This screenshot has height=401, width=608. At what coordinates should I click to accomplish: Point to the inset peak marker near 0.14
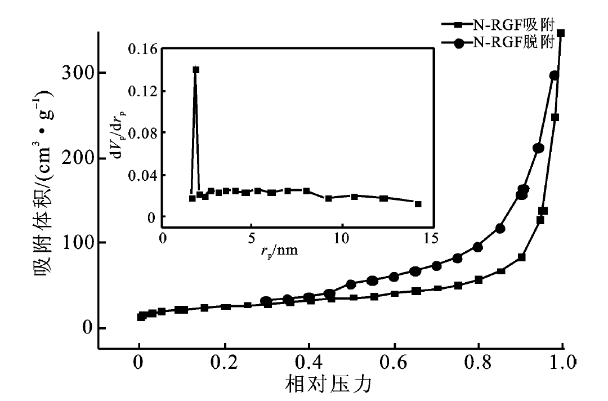coord(196,70)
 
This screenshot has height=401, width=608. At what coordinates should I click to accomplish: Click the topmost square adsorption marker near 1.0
coord(561,33)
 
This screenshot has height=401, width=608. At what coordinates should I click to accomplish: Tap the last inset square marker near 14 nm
coord(418,204)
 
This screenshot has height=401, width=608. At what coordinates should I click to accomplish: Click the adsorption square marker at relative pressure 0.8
coord(479,280)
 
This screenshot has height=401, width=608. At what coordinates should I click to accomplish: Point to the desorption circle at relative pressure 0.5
coord(351,284)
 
